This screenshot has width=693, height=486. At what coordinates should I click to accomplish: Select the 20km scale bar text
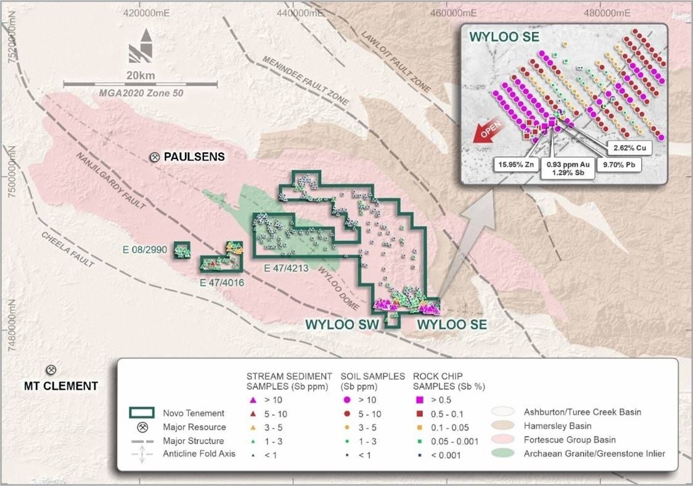141,75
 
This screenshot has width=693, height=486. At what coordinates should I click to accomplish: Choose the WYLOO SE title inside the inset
506,36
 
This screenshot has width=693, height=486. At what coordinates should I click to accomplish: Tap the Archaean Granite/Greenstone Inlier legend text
594,454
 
